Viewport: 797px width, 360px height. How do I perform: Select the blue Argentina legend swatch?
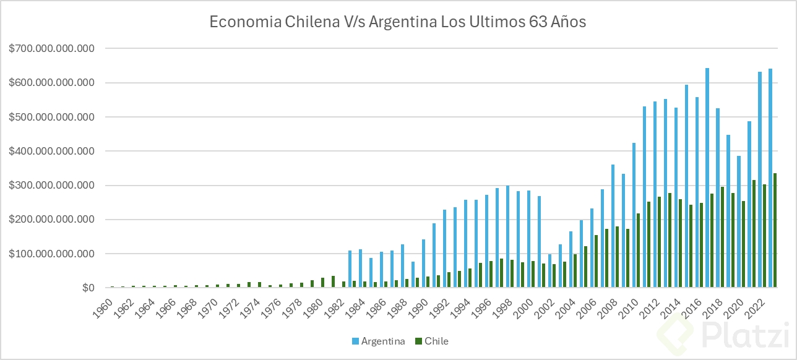[x=356, y=341]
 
